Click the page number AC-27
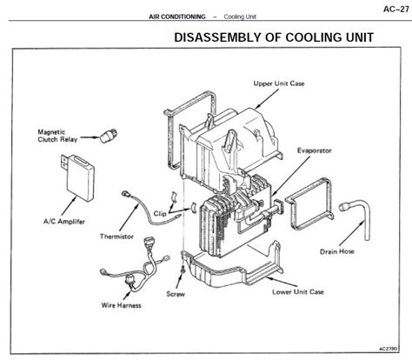[395, 9]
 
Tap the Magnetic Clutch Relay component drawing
[109, 136]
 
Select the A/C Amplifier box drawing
[78, 177]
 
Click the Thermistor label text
[116, 237]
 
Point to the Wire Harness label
[121, 305]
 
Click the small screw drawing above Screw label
[183, 270]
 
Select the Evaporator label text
[315, 150]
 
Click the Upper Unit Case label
[279, 83]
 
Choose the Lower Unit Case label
[298, 292]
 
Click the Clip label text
[160, 214]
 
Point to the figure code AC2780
[389, 349]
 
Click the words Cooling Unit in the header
[240, 17]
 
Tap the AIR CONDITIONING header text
[177, 17]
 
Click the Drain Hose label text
[337, 251]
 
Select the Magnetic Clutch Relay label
[57, 136]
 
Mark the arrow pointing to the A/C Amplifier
[69, 206]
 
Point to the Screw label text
[176, 294]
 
